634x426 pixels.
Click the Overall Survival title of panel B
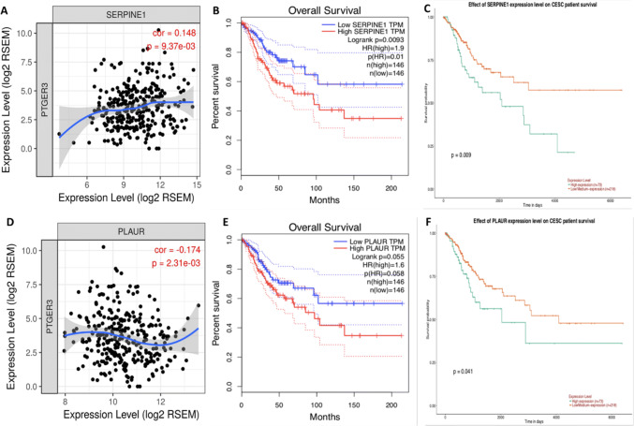[x=317, y=13]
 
